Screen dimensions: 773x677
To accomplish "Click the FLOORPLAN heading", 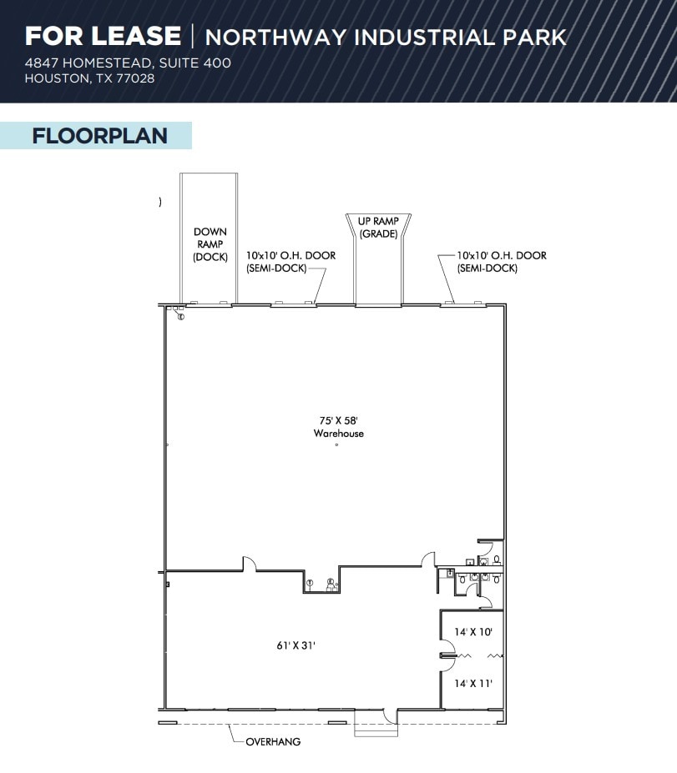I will tap(99, 136).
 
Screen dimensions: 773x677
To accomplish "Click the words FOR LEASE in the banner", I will tap(102, 36).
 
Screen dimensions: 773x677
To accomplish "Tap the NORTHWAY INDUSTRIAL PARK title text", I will tap(386, 38).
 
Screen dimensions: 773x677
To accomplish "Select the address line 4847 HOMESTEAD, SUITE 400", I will tap(128, 63).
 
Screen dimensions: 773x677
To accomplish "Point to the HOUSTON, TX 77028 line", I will tap(89, 78).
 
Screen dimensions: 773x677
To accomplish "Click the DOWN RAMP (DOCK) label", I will tap(210, 244).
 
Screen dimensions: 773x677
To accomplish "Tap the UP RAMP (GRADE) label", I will tap(378, 228).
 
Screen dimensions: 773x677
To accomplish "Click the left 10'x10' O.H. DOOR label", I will tap(291, 261).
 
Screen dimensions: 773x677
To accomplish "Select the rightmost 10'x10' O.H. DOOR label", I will tap(501, 261).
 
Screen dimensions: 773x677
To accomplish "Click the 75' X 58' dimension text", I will tap(338, 421).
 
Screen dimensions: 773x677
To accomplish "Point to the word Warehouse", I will tap(338, 434).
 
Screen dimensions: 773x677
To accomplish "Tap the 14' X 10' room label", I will tap(473, 632).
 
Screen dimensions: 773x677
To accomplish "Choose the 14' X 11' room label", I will tap(473, 684).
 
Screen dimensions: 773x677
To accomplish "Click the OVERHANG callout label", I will tap(273, 741).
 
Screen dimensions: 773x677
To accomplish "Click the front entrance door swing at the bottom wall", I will tap(389, 715).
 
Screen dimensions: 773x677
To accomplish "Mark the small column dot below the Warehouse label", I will tap(336, 445).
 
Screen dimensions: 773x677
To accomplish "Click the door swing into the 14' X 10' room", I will tap(447, 646).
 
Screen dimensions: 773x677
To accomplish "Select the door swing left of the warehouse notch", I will tap(248, 564).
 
